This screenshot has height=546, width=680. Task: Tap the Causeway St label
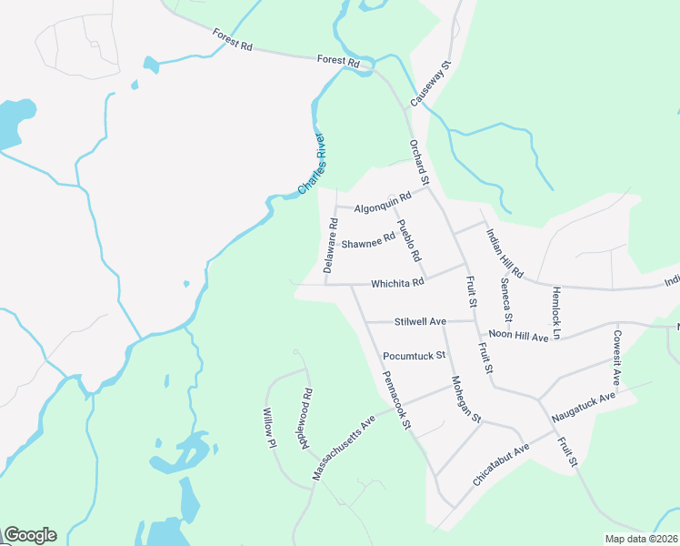[431, 85]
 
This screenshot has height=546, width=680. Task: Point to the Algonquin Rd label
[383, 202]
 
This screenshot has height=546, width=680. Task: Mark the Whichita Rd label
[397, 282]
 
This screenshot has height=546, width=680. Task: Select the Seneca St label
[506, 305]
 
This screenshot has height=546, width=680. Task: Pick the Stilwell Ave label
[420, 321]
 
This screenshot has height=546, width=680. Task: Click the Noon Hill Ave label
[518, 336]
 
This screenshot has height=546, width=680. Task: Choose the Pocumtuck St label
[413, 355]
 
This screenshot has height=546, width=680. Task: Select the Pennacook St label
[397, 399]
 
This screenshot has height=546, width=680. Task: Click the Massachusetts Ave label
[345, 448]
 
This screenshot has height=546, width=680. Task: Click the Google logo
[30, 535]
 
